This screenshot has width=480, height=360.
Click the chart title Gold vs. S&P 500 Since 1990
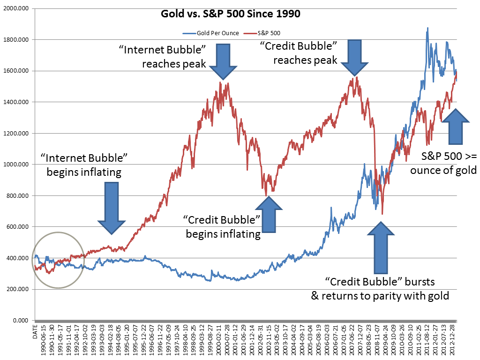(x=230, y=14)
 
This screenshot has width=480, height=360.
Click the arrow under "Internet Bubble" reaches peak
(x=223, y=61)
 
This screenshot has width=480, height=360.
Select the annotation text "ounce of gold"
(x=443, y=170)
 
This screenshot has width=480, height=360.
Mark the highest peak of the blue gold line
(x=427, y=28)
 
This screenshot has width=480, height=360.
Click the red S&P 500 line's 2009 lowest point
(x=382, y=214)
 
